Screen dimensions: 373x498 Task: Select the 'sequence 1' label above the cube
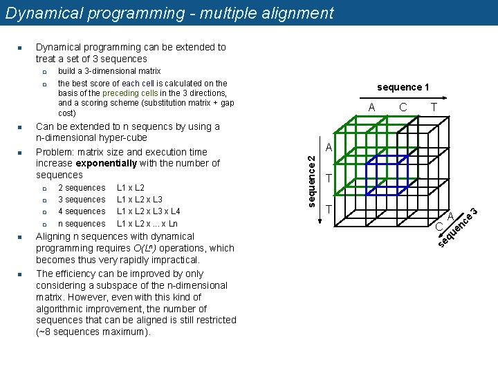tap(403, 87)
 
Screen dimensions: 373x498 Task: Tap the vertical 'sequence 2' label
tap(312, 180)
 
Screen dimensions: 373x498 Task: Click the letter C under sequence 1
tap(403, 107)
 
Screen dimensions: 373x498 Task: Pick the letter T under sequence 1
tap(434, 107)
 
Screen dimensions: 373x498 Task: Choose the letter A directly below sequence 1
tap(371, 107)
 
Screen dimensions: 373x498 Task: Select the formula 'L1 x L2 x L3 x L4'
tap(149, 211)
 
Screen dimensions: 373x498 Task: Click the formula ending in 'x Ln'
tap(147, 224)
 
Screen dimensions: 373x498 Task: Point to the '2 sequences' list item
tap(82, 188)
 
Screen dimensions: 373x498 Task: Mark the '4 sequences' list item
tap(82, 211)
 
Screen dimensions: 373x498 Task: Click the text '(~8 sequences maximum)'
tap(93, 332)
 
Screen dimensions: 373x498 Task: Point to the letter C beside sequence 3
tap(439, 246)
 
